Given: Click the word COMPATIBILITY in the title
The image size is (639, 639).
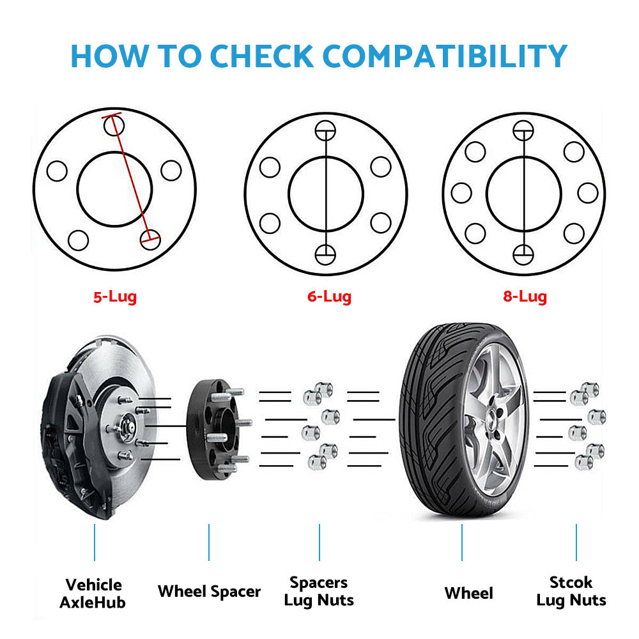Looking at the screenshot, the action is pos(445,56).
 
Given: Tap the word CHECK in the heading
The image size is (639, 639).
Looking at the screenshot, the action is pos(261,56).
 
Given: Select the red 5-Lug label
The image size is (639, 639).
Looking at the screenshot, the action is pos(115,297).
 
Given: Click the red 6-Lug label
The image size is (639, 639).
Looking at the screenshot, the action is pos(329,297).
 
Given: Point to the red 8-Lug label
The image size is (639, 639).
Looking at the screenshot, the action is pos(525,297).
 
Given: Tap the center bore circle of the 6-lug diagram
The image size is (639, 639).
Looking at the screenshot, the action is pos(289,194).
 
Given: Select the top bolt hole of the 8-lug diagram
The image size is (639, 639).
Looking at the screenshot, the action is pos(523,131).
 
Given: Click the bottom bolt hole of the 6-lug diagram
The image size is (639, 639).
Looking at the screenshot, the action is pos(325,255).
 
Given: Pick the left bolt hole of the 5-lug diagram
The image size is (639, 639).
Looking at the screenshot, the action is pos(57,171).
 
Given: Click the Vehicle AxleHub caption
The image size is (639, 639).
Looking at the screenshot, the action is pos(93,594).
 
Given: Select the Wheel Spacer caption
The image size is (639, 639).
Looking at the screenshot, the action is pos(209,591).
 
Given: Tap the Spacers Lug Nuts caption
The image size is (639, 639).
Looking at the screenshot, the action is pos(319,592).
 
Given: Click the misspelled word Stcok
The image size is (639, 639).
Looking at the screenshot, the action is pos(571,582).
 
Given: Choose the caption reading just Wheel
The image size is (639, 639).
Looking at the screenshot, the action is pos(468,594).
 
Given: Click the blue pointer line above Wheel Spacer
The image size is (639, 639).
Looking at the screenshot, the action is pos(209,543).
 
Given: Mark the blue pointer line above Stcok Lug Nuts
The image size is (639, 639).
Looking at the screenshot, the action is pos(576,543).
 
